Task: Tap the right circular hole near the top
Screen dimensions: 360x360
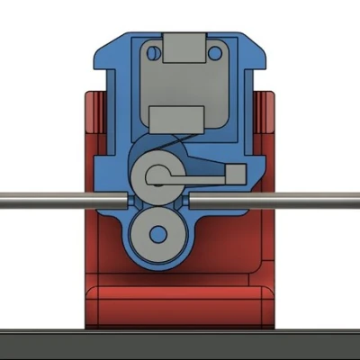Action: click(x=214, y=52)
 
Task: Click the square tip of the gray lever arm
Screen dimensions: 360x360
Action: click(x=235, y=174)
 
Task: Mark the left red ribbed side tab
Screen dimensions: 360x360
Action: click(x=92, y=112)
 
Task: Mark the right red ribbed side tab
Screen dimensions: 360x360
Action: click(x=265, y=112)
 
